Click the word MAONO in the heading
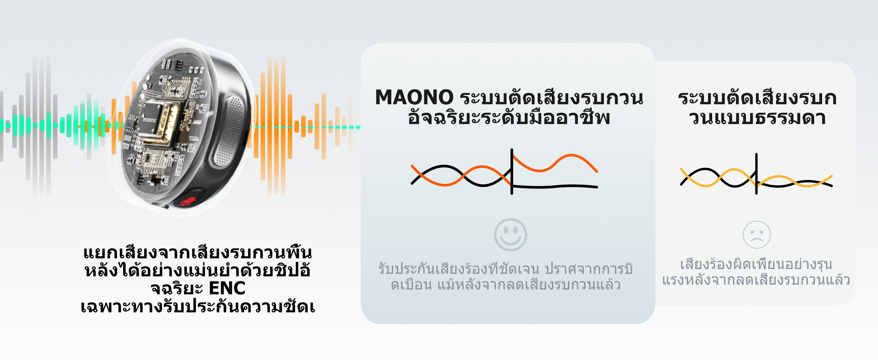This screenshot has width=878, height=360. [x=414, y=97]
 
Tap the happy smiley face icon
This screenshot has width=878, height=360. [x=510, y=235]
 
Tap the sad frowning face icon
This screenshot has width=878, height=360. [x=757, y=235]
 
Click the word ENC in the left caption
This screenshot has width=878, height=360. [x=227, y=288]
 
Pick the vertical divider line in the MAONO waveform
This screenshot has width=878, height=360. [x=512, y=172]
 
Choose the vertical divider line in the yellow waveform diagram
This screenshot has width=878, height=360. [x=756, y=174]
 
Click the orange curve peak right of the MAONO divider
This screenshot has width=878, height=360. [x=571, y=155]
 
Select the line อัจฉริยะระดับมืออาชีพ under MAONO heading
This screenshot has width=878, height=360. [x=509, y=117]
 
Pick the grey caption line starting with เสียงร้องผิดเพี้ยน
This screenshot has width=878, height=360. [x=756, y=264]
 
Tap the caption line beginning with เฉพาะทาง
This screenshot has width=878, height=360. [x=198, y=306]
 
